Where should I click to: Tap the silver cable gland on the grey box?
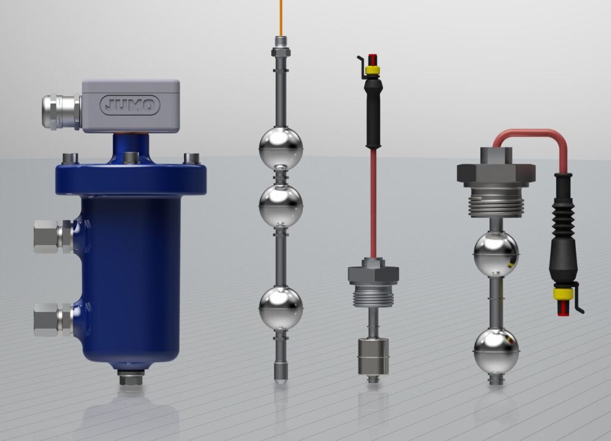[x=59, y=111]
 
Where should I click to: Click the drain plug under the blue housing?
[x=131, y=378]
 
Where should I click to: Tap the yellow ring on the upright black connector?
[x=373, y=70]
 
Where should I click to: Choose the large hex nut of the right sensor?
[x=496, y=172]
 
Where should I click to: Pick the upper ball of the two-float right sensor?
[x=496, y=254]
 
